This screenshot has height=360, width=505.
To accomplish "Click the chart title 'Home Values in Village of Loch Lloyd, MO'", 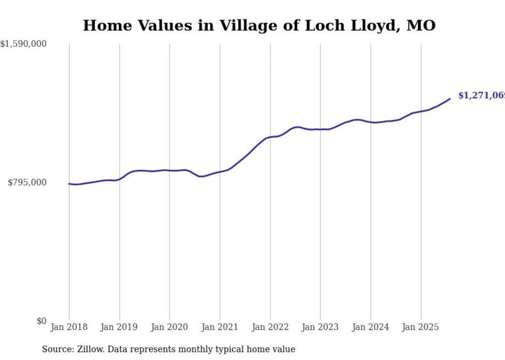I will pyautogui.click(x=259, y=25).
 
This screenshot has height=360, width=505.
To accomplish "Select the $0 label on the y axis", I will pyautogui.click(x=41, y=321).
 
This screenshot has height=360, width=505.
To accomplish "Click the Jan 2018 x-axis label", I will pyautogui.click(x=69, y=327).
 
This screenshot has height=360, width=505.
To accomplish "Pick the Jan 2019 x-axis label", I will pyautogui.click(x=120, y=327).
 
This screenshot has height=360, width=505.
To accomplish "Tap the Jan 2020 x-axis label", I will pyautogui.click(x=170, y=327).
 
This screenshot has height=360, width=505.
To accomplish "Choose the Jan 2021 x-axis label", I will pyautogui.click(x=220, y=327).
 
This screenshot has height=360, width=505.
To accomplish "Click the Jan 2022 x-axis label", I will pyautogui.click(x=270, y=327).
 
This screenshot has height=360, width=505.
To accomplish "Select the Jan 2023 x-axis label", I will pyautogui.click(x=321, y=327).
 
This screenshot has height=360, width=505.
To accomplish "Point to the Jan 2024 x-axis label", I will pyautogui.click(x=371, y=327).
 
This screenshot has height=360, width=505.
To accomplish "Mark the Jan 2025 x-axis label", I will pyautogui.click(x=421, y=327).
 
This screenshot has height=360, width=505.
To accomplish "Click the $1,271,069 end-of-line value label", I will pyautogui.click(x=481, y=96).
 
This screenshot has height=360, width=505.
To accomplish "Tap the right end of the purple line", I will pyautogui.click(x=450, y=99).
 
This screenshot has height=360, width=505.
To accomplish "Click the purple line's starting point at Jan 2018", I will pyautogui.click(x=69, y=183).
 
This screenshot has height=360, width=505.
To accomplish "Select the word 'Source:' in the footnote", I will pyautogui.click(x=58, y=349).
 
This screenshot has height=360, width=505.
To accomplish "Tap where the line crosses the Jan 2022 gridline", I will pyautogui.click(x=270, y=137).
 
